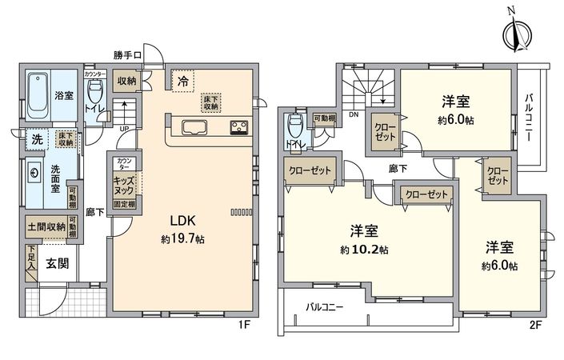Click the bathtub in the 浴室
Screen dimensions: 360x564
(x=38, y=94)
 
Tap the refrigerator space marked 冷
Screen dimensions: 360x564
(x=183, y=80)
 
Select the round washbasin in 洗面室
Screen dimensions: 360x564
(x=35, y=172)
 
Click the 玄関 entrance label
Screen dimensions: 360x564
(x=56, y=265)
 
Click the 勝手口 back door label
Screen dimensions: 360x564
(x=127, y=55)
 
